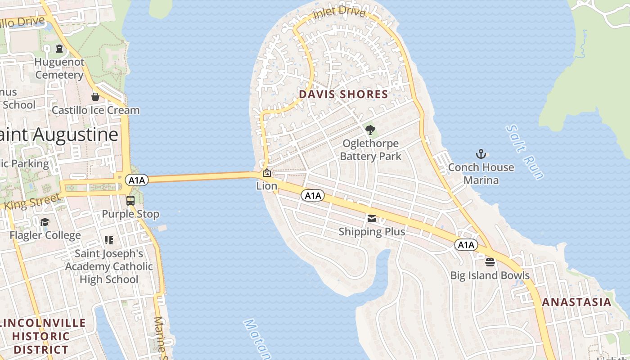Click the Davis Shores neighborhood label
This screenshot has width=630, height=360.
coord(343,94)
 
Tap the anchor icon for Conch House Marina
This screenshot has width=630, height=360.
coord(481,154)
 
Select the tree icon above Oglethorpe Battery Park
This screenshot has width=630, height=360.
coord(370,130)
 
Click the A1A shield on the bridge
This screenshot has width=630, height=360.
coord(136,180)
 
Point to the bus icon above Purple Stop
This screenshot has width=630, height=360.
coord(130,200)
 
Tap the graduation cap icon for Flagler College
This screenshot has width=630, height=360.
coord(45,222)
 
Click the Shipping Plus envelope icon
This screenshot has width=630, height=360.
coord(372,219)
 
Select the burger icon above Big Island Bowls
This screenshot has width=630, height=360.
coord(490,262)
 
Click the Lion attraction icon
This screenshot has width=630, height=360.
coord(266,172)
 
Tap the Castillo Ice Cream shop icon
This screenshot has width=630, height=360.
coord(95,97)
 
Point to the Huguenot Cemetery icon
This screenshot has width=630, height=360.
coord(59,49)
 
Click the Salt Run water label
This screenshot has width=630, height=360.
coord(525,152)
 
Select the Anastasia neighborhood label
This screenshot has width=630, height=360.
coord(576,302)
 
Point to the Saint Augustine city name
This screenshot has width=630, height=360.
coord(59,134)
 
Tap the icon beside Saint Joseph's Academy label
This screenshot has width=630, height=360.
coord(109,240)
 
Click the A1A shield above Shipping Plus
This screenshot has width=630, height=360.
coord(313,195)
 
